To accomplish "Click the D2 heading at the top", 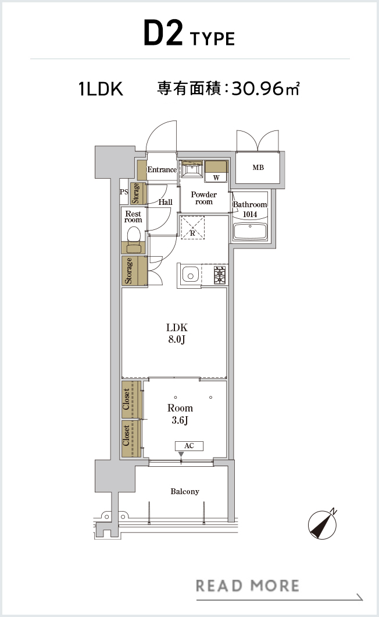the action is (x=163, y=33).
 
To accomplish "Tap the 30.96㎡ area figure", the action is (x=266, y=88).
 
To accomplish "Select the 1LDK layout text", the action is (x=101, y=89).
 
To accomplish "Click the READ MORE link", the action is (x=248, y=586).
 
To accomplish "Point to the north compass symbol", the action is (x=323, y=524).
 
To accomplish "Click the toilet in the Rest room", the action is (x=134, y=239).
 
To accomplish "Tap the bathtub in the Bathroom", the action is (x=249, y=232).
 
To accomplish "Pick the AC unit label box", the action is (x=189, y=446).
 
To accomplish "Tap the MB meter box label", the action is (x=258, y=168).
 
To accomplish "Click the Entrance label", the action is (x=162, y=169).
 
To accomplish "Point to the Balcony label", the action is (x=185, y=491).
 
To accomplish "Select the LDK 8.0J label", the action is (x=177, y=333).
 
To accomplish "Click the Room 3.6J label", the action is (x=180, y=414).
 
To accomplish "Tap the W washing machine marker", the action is (x=216, y=178).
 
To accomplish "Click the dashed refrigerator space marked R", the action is (x=192, y=227).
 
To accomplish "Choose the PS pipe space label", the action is (x=124, y=192).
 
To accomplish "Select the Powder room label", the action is (x=203, y=198).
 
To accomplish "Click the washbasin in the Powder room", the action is (x=192, y=169).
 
